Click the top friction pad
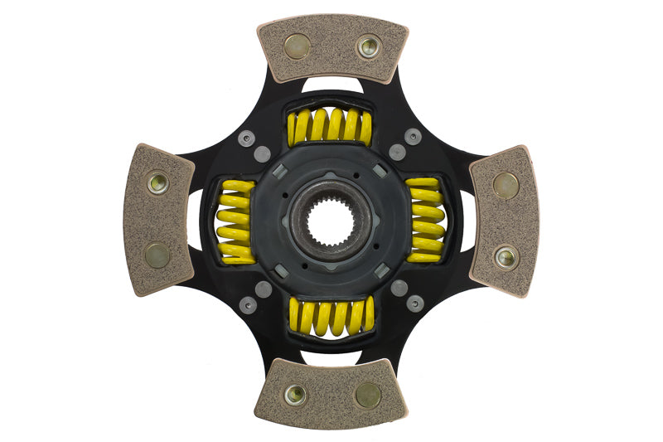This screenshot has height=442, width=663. (332, 48)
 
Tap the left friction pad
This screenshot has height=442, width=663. (158, 220)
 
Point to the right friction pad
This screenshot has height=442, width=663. (505, 221)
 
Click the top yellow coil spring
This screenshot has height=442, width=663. (331, 126)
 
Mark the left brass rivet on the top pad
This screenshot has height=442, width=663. (297, 46)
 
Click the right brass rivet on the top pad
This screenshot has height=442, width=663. (368, 46)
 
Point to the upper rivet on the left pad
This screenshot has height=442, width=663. (157, 183)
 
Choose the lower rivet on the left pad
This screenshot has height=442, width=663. (157, 255)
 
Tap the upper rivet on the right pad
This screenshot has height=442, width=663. (506, 185)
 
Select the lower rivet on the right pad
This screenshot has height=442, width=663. (506, 257)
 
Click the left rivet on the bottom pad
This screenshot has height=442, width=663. (295, 395)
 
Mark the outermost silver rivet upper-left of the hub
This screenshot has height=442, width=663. (246, 138)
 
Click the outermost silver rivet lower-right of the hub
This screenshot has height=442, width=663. (415, 304)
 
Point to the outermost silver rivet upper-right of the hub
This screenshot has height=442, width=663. (413, 137)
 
